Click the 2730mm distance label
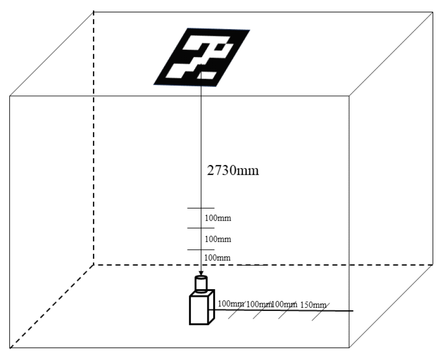click(x=232, y=170)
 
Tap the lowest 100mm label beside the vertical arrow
click(x=217, y=257)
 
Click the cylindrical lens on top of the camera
click(x=201, y=283)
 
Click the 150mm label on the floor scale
click(x=313, y=304)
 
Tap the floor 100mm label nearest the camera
click(x=231, y=303)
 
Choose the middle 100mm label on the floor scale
click(x=259, y=304)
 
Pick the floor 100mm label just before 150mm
click(x=284, y=304)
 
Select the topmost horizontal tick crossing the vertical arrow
click(x=200, y=209)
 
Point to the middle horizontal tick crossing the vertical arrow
click(x=200, y=228)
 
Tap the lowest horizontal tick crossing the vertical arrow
click(x=200, y=250)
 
